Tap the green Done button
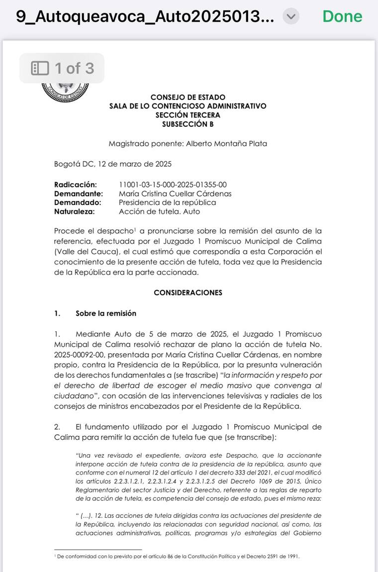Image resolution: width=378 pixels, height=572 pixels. (342, 16)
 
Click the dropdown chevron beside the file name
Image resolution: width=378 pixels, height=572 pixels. (291, 16)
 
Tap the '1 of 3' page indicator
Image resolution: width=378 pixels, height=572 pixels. (74, 68)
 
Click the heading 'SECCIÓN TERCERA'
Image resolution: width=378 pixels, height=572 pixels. (188, 115)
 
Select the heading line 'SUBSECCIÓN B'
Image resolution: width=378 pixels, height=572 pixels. (188, 124)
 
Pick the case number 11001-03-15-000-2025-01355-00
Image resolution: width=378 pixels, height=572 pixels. (173, 185)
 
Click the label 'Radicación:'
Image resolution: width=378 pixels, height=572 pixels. (76, 185)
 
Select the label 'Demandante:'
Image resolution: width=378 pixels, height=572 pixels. (79, 193)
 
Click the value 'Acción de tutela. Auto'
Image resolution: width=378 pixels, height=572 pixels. (159, 211)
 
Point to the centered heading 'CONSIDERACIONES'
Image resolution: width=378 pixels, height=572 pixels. (188, 292)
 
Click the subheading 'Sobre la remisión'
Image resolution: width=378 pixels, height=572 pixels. (105, 313)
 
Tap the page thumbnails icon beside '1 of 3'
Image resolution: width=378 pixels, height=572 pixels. (40, 68)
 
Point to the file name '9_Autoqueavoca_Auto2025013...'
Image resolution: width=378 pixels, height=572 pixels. (145, 16)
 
